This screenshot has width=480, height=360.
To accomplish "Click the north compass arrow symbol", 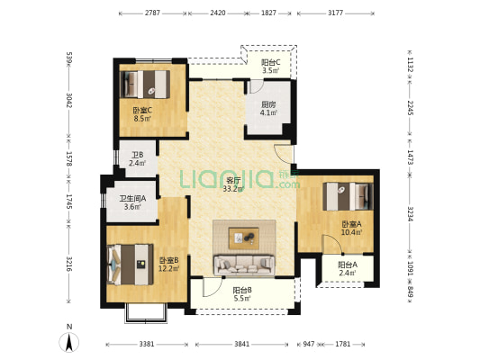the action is [69, 342].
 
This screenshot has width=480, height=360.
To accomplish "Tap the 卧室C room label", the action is [142, 110].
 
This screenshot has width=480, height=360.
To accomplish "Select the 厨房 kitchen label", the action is [268, 104].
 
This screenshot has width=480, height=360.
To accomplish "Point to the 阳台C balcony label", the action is [270, 63].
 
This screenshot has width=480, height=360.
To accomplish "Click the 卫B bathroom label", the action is [138, 155].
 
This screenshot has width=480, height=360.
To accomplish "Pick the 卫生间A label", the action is [132, 199].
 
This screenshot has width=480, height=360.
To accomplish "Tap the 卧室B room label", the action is [169, 261].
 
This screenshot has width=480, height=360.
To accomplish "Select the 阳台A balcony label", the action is [348, 265].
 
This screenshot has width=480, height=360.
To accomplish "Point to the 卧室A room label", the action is [352, 224].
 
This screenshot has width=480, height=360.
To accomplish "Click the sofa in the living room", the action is [245, 265].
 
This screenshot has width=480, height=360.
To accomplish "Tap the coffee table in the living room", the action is [244, 238].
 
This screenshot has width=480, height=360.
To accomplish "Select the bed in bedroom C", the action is [145, 85].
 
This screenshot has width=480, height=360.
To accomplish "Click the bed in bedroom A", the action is [348, 196].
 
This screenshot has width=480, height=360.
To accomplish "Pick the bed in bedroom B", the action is [131, 265].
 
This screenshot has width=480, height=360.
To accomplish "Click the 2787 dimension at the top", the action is [152, 13].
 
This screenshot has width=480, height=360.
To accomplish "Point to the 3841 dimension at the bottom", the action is [242, 344].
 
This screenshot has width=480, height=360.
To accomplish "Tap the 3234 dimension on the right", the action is [410, 213].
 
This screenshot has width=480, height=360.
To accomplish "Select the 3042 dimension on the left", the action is [69, 100].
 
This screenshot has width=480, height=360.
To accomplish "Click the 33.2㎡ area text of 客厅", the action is [233, 189].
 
